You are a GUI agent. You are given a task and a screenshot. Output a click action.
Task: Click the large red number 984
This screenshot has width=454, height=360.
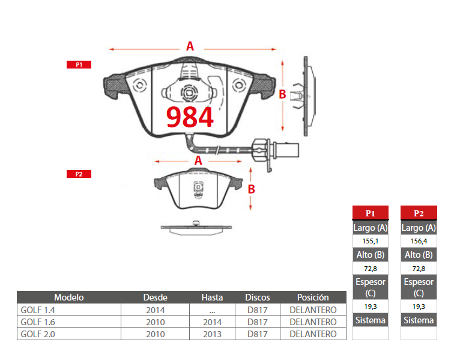[x=190, y=117]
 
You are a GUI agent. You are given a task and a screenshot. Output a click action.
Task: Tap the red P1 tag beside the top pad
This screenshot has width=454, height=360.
[x=79, y=65]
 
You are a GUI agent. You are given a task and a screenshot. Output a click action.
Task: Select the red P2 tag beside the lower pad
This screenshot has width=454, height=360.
[x=79, y=174]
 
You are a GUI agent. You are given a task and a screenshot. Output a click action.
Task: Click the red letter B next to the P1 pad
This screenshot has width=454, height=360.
[x=282, y=94]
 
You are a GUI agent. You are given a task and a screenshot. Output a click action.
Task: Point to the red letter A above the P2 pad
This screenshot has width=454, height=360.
[x=198, y=160]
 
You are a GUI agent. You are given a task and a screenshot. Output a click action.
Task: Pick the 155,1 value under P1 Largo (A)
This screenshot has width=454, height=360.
[x=371, y=241]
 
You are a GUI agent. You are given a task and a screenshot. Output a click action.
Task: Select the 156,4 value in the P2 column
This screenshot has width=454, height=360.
[x=419, y=241]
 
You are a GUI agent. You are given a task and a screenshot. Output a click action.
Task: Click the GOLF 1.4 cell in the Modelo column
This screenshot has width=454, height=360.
[x=38, y=310]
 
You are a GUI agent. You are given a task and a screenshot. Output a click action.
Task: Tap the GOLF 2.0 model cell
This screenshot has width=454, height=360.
[x=38, y=334]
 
